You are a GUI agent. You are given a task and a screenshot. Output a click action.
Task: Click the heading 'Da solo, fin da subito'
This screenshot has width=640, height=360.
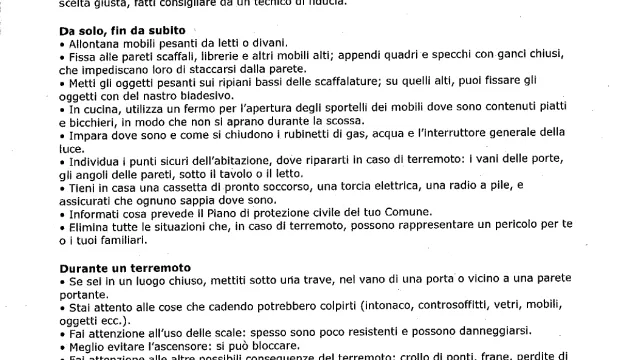click(121, 31)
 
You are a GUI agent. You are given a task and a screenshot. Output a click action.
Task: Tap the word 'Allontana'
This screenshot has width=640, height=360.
click(95, 45)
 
